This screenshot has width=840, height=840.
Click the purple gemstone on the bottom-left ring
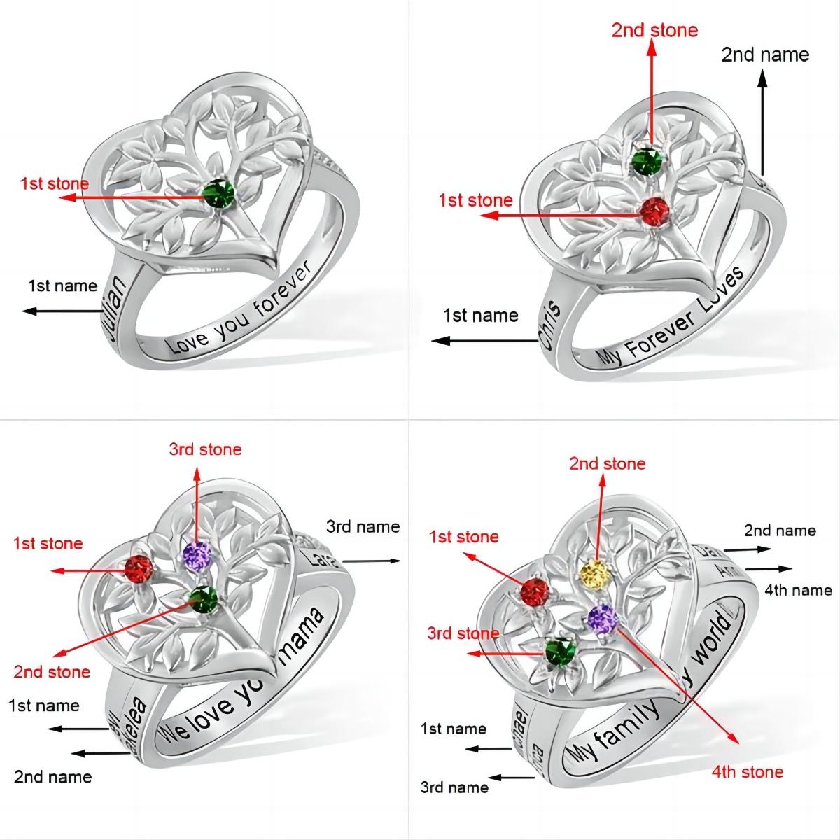(x=197, y=556)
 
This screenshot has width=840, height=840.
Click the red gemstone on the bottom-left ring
(x=139, y=570)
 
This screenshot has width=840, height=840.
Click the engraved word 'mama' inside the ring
(x=305, y=635)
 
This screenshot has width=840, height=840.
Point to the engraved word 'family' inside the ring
(x=631, y=722)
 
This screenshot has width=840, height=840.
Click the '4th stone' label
(x=747, y=772)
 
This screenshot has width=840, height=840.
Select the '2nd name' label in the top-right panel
(x=765, y=55)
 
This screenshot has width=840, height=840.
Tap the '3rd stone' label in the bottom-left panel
(x=205, y=449)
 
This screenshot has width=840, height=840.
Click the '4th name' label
(x=798, y=590)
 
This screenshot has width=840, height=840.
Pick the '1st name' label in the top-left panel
(x=62, y=286)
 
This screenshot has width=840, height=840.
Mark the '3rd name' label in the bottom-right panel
(x=454, y=787)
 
